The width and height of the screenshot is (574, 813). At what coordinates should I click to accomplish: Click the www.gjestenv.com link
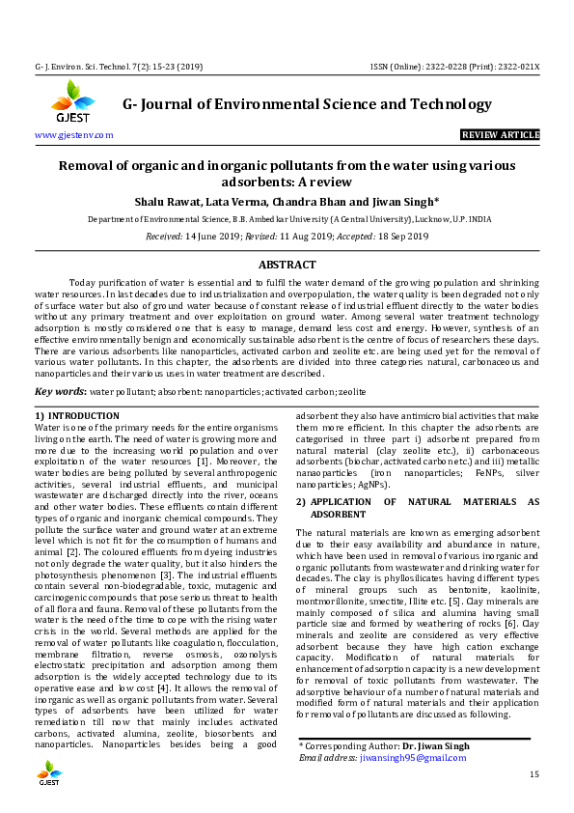[74, 135]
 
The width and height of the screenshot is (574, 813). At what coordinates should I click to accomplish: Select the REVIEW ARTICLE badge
[500, 135]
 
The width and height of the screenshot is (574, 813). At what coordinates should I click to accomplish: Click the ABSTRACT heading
[287, 265]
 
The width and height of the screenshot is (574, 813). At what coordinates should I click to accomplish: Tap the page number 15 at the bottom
[533, 775]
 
